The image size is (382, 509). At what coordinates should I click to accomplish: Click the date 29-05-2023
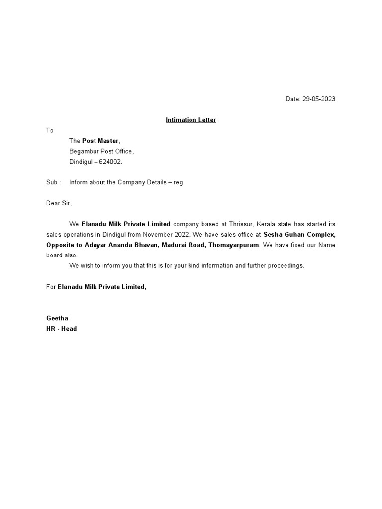[319, 99]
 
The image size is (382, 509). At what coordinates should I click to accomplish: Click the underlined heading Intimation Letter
[191, 120]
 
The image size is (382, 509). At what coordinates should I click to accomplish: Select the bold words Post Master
[101, 141]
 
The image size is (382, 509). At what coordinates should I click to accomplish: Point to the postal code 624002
[110, 162]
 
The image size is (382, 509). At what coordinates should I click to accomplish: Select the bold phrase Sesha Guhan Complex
[299, 234]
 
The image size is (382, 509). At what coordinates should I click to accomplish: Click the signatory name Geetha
[57, 318]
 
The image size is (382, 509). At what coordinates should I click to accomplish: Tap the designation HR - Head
[61, 328]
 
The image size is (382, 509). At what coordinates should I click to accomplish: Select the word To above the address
[50, 130]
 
